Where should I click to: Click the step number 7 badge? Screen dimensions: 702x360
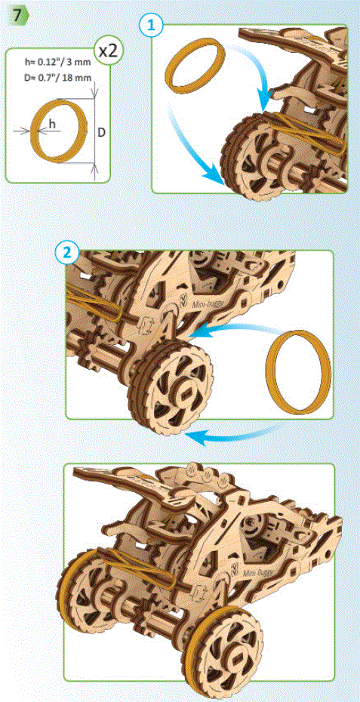coord(15,14)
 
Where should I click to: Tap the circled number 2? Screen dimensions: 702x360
coord(68,252)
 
